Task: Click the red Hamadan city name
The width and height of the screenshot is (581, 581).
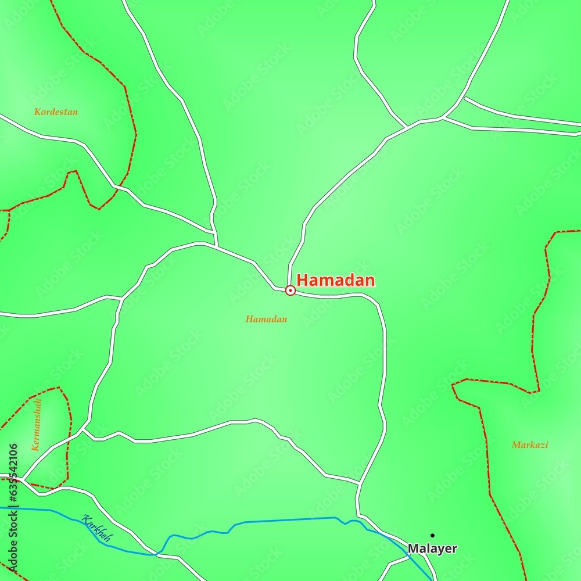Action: pyautogui.click(x=336, y=280)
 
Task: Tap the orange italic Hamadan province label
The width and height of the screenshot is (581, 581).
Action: pyautogui.click(x=266, y=319)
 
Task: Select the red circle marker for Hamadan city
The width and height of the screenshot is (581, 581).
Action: pyautogui.click(x=290, y=290)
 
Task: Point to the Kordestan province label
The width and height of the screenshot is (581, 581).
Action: pyautogui.click(x=56, y=112)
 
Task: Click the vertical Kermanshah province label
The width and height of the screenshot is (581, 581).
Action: pyautogui.click(x=37, y=425)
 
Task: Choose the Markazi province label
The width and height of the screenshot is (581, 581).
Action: pyautogui.click(x=529, y=445)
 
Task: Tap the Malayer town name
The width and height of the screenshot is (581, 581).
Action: pyautogui.click(x=432, y=548)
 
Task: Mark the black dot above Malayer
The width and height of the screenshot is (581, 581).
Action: pyautogui.click(x=432, y=535)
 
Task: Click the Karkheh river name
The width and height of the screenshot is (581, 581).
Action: pyautogui.click(x=96, y=529)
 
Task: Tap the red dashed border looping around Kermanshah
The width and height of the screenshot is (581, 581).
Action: pyautogui.click(x=69, y=430)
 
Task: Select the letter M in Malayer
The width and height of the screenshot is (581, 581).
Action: pyautogui.click(x=413, y=548)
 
